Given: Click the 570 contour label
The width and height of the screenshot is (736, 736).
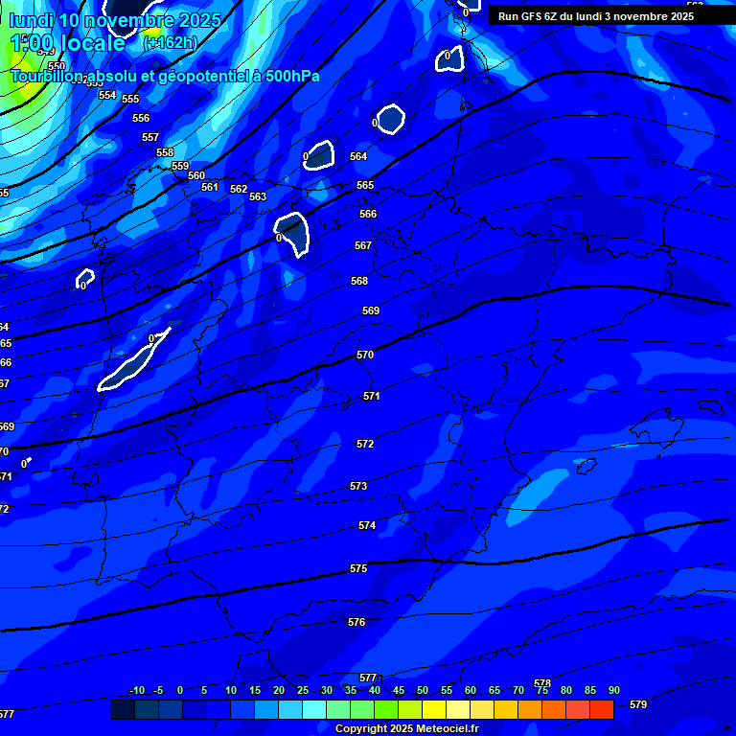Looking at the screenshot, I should [x=365, y=355].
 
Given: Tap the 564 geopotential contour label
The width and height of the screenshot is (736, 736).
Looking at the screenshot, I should [x=358, y=156].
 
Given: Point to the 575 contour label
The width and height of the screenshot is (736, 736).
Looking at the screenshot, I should [x=358, y=568].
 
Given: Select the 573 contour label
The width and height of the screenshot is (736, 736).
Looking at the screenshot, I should [x=358, y=486].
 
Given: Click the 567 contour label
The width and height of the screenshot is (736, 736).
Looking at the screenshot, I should [x=363, y=245].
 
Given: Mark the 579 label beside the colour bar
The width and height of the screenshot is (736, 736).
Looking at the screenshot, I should [x=638, y=704].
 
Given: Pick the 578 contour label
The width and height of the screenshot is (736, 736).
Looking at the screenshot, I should [x=542, y=682].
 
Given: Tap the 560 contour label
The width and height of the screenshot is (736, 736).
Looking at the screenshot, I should [x=196, y=175].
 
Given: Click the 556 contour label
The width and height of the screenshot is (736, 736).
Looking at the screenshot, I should [x=141, y=118].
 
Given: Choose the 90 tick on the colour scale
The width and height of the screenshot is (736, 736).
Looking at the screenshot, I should [x=613, y=690].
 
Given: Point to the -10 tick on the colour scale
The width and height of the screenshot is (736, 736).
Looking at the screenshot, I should [x=137, y=690].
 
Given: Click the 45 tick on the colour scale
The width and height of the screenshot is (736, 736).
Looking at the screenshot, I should [x=398, y=690].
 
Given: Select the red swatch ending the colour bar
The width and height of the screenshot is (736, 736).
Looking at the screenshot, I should [x=602, y=709].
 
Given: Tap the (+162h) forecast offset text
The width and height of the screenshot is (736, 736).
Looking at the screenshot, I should [x=170, y=43].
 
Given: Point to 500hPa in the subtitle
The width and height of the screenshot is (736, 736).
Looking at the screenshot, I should [x=292, y=76].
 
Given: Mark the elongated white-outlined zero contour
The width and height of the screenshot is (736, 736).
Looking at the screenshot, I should [x=133, y=361].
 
